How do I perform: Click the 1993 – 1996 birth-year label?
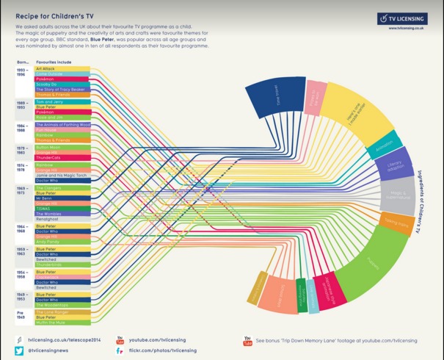[23, 71]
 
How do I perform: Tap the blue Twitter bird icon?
[20, 351]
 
